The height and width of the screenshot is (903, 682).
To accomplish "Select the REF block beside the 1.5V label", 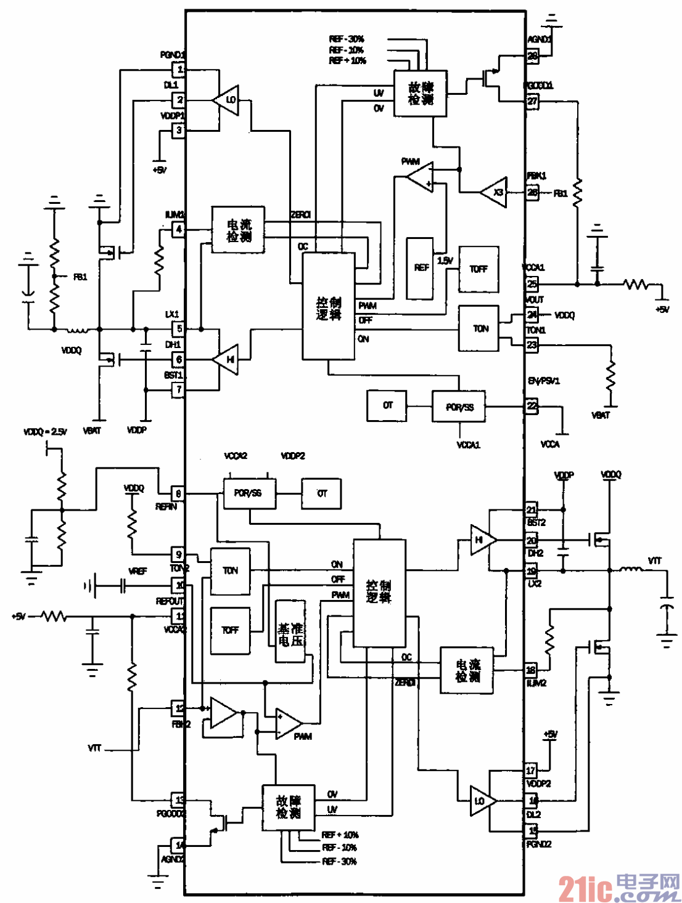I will (x=420, y=268).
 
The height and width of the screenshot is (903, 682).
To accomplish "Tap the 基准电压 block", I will (x=290, y=631).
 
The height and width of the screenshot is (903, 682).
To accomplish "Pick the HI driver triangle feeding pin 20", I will (x=482, y=540).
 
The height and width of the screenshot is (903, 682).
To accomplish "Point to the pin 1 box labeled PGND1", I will (x=178, y=69).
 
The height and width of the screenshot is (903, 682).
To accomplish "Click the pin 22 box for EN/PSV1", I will (x=532, y=406).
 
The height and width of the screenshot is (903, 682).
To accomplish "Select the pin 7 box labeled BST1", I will (x=178, y=389).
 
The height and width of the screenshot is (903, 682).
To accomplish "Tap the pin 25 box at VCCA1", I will (x=532, y=284).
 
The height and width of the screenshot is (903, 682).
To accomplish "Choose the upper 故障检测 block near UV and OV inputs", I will (x=421, y=93).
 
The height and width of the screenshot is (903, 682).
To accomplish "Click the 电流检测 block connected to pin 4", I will (x=239, y=230).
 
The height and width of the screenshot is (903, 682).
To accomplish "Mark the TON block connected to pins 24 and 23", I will (x=479, y=329).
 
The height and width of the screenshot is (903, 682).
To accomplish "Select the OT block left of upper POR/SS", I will (x=387, y=405).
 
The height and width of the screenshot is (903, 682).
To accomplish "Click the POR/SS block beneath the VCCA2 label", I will (x=249, y=493).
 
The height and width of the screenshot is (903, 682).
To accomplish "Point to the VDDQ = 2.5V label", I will (x=45, y=432).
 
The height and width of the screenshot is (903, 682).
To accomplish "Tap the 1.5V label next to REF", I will (x=445, y=261).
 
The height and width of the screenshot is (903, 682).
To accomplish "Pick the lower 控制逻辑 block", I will (x=379, y=592).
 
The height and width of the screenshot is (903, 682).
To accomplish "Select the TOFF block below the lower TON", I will (x=230, y=630).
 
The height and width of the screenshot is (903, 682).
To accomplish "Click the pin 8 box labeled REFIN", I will (x=178, y=493).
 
